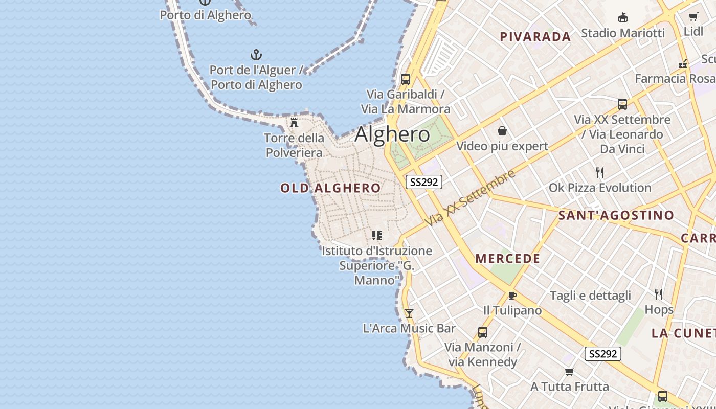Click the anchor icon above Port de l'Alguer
[256, 55]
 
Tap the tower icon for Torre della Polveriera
[294, 122]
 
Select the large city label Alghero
[392, 134]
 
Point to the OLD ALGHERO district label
[330, 188]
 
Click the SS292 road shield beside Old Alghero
[424, 181]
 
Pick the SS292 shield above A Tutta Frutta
[603, 354]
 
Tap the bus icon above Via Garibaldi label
[406, 79]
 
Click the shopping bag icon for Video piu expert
[502, 131]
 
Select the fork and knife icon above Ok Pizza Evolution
[600, 172]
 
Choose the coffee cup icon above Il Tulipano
[512, 296]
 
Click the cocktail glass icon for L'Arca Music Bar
[409, 313]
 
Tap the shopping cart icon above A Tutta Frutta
[569, 372]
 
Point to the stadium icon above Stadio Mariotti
[622, 18]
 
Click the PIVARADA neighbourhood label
[535, 37]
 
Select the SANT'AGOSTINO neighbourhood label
[616, 215]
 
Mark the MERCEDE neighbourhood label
[508, 259]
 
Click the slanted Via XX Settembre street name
[471, 198]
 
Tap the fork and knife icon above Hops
[659, 294]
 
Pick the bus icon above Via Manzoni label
[482, 332]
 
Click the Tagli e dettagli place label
[590, 296]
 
